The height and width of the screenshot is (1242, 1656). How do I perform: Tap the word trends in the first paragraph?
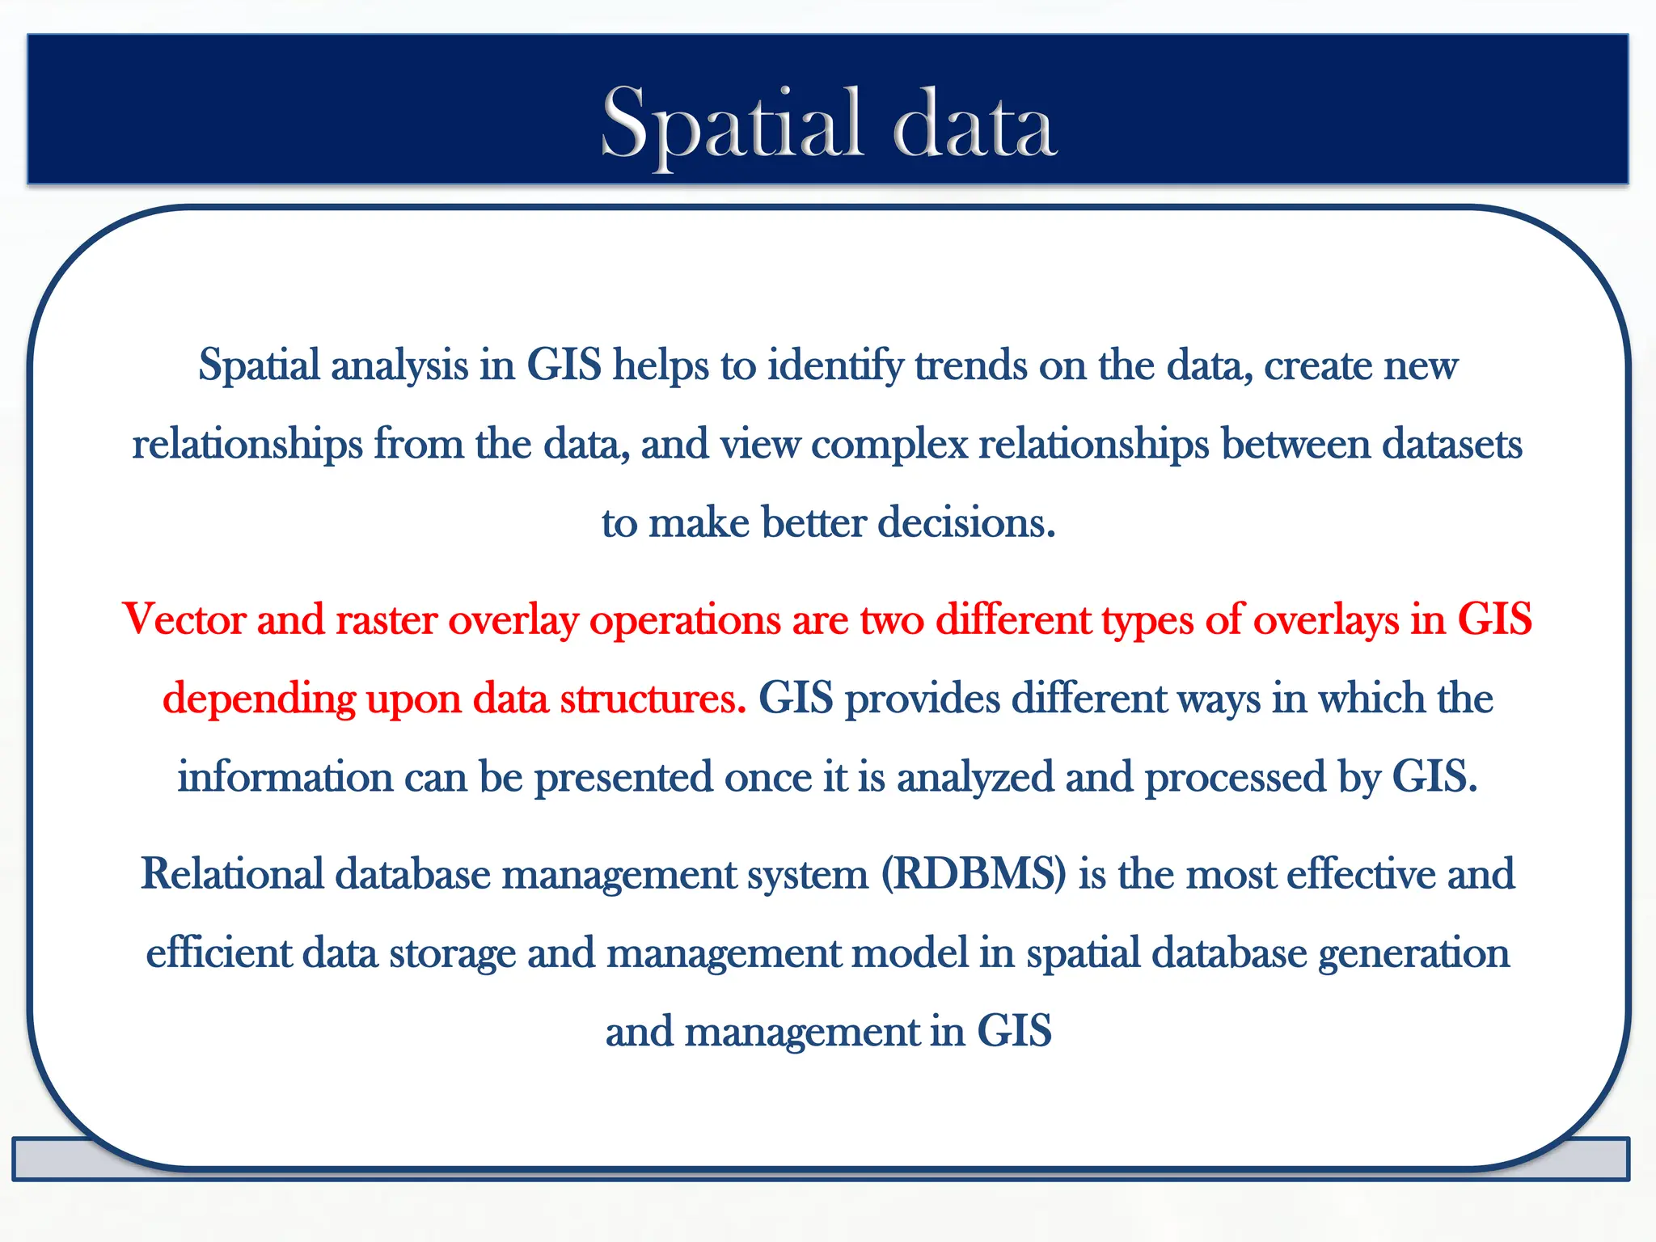(971, 365)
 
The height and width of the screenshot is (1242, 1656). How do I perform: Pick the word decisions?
(966, 522)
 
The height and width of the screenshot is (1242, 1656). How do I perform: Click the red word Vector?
(184, 620)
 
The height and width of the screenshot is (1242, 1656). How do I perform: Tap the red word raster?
(386, 620)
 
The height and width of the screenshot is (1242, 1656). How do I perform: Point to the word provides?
(923, 699)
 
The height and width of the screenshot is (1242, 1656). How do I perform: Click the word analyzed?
(975, 778)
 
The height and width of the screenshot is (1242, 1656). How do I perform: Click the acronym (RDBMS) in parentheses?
(974, 875)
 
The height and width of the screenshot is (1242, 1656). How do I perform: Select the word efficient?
(218, 953)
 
